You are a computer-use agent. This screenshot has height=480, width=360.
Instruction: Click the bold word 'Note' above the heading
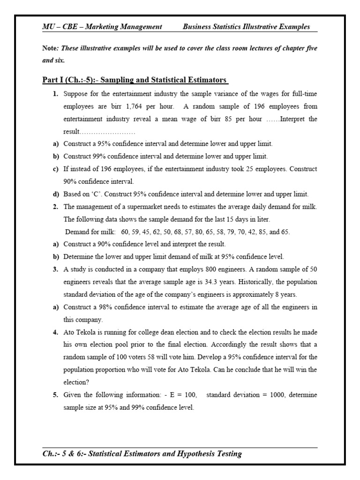pyautogui.click(x=49, y=49)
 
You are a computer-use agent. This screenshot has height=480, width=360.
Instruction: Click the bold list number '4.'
pyautogui.click(x=55, y=332)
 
